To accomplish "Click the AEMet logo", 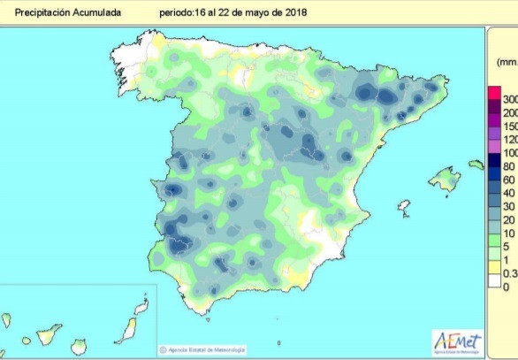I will [456, 341].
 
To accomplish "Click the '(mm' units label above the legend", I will [507, 63].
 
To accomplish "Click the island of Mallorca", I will [445, 180].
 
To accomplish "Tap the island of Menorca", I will [476, 165].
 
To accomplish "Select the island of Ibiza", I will [404, 208].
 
